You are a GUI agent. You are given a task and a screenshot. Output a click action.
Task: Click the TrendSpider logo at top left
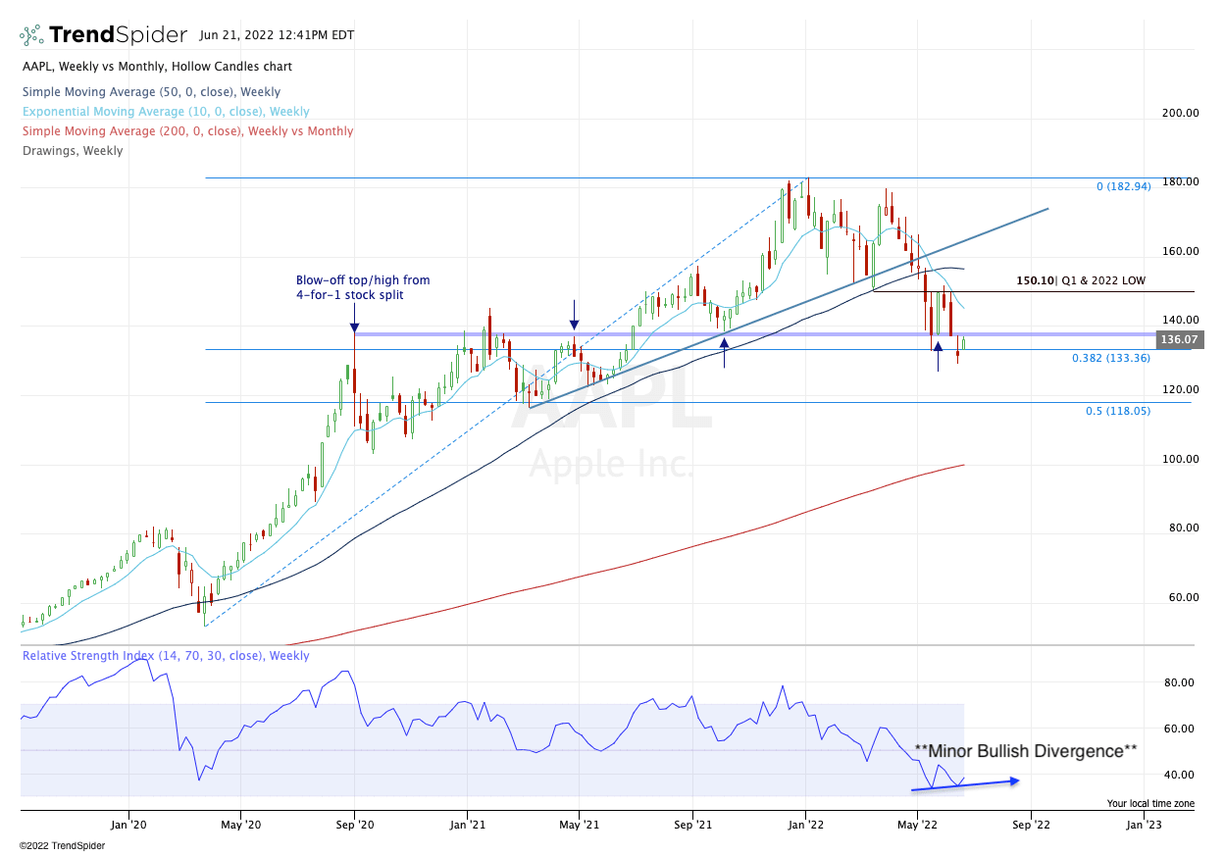pos(103,35)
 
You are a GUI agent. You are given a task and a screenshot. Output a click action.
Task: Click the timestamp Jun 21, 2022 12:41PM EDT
pos(276,35)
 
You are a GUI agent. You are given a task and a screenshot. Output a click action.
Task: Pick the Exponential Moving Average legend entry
pos(165,112)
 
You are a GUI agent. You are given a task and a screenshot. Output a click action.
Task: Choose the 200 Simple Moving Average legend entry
pos(186,131)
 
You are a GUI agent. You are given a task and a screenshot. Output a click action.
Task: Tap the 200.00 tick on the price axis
pos(1179,114)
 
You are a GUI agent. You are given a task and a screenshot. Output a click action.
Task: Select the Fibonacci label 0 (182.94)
pos(1123,186)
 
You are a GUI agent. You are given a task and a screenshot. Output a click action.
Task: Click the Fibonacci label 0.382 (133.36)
pos(1111,359)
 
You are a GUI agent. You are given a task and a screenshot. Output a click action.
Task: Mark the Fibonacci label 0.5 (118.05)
pos(1118,412)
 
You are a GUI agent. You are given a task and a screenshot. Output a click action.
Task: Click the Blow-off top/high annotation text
pos(362,287)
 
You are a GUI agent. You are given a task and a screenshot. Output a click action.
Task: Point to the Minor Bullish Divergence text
pos(1025,751)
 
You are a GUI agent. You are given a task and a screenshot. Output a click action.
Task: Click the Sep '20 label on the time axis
pos(354,827)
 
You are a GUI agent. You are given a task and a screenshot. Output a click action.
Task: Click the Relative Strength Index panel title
pos(166,656)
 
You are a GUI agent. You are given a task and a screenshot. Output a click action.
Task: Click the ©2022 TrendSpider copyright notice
pos(61,845)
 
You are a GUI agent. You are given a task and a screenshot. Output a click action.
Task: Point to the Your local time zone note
pos(1150,804)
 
